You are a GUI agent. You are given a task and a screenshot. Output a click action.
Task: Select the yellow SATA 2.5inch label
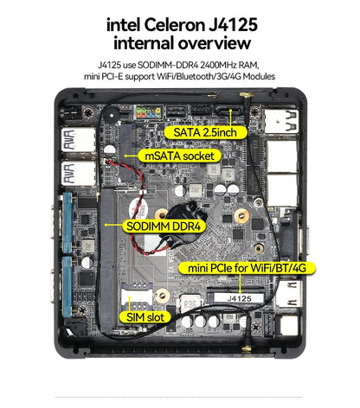206,132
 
